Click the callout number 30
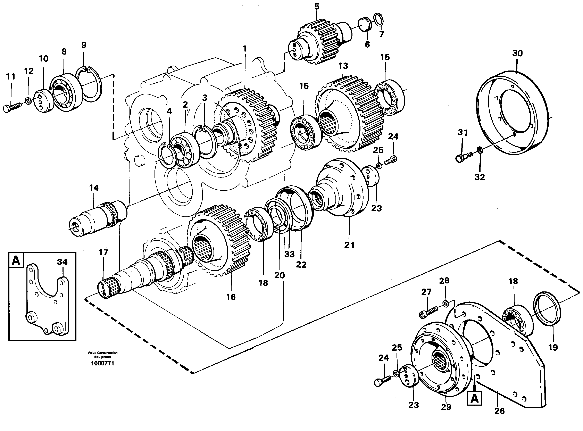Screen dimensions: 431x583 (517, 53)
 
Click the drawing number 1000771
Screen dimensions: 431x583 (102, 363)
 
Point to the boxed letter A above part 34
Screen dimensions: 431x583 (16, 260)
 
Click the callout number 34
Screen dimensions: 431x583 (62, 262)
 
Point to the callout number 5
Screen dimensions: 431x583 (317, 7)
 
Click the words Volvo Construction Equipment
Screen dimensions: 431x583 (102, 355)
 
